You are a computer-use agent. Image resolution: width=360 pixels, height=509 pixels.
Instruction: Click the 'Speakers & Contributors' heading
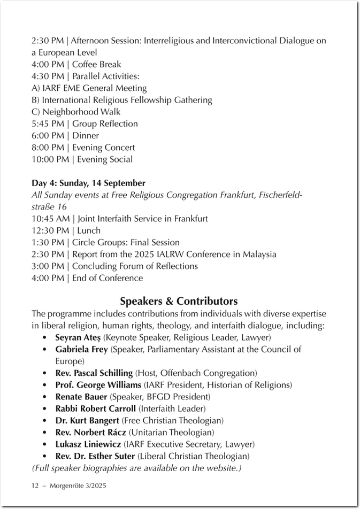tap(179, 301)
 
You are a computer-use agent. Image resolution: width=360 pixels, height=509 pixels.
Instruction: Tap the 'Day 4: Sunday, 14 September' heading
tap(88, 183)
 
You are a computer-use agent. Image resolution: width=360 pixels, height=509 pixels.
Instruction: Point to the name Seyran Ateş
tap(78, 338)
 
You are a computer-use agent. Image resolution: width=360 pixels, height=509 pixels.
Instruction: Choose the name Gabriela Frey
tap(82, 350)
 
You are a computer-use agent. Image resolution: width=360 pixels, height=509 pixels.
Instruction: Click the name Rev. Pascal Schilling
tap(94, 373)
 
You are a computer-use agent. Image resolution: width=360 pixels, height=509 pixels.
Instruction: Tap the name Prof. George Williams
tap(98, 385)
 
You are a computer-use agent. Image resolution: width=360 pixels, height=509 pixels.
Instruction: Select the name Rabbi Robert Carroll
tap(96, 409)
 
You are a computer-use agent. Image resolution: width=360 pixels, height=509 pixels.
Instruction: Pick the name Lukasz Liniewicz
tap(88, 444)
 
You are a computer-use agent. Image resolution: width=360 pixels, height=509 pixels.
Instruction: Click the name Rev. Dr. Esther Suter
tap(95, 456)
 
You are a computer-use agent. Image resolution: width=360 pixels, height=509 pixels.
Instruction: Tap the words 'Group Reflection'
tap(105, 124)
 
